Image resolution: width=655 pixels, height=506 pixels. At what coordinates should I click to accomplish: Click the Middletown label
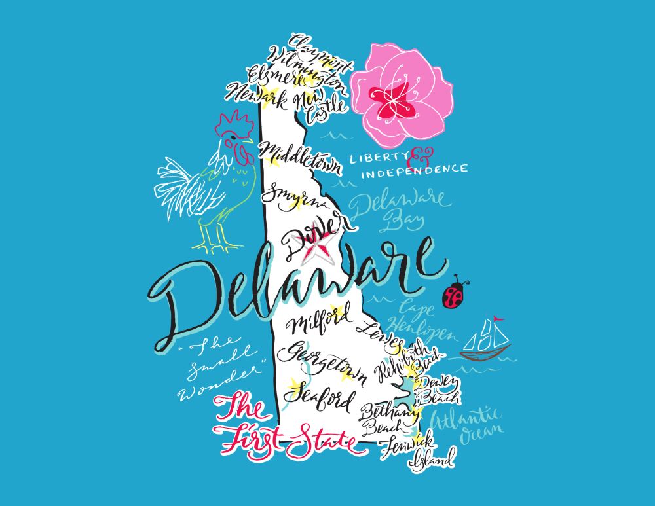pos(301,158)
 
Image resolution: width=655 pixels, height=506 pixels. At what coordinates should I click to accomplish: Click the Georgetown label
pos(320,359)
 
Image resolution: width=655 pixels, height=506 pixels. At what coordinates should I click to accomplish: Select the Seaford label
pos(321,395)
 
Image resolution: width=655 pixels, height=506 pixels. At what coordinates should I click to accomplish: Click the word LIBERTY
pos(378,158)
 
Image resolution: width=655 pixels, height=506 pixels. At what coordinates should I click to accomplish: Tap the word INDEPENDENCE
pos(414,172)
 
